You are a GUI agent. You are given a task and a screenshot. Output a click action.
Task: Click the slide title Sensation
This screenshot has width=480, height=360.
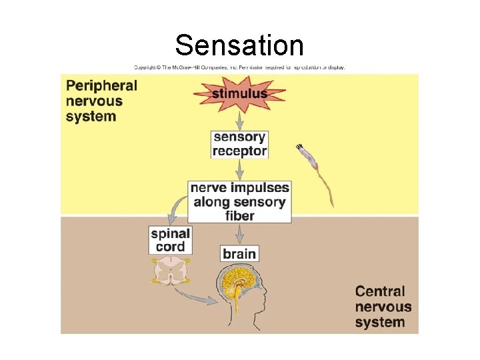239,45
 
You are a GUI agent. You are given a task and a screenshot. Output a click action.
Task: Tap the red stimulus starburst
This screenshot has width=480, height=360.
239,93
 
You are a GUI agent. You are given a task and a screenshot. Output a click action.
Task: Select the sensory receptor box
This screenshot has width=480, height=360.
239,144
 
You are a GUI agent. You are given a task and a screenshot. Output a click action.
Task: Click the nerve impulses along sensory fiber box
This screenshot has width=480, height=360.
239,202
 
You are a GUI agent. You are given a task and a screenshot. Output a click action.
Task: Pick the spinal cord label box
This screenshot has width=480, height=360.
171,240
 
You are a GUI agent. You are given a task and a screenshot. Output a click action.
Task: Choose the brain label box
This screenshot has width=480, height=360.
239,253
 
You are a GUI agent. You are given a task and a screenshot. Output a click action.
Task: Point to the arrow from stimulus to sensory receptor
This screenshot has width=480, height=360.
239,120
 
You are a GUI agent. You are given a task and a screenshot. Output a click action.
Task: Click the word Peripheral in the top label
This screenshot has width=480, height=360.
101,86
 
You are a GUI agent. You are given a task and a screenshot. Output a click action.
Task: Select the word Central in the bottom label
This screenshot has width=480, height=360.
380,291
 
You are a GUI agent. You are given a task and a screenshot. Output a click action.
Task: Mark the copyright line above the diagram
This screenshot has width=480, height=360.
239,67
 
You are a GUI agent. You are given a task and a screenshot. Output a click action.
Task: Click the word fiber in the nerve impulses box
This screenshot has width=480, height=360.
239,216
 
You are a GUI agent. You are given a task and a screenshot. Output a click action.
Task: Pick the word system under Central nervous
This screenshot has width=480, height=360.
380,323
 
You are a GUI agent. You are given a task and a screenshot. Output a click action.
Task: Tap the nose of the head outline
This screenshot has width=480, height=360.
267,294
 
